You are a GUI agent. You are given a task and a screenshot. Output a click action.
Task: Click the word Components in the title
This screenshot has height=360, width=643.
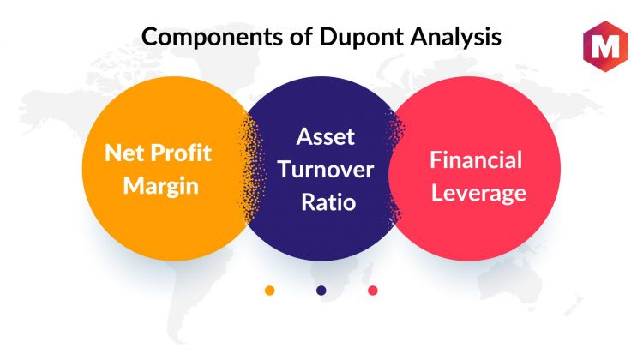click(x=212, y=38)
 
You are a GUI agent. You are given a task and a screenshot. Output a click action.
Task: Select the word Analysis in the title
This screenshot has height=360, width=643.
click(x=455, y=38)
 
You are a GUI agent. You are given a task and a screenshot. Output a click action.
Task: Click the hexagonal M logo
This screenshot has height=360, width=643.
click(x=605, y=46)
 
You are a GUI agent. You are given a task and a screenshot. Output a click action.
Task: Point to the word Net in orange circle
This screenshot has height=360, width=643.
click(x=124, y=153)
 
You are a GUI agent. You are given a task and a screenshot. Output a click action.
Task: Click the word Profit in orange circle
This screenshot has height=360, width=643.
click(x=181, y=153)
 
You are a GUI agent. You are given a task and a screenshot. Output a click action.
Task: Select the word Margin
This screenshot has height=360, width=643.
click(x=161, y=187)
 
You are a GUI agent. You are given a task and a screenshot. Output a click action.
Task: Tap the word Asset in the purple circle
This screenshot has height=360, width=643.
click(x=326, y=136)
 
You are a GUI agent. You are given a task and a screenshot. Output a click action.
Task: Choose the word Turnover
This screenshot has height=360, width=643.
click(x=326, y=170)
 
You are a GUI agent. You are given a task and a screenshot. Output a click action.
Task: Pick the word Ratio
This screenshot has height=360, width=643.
click(x=328, y=202)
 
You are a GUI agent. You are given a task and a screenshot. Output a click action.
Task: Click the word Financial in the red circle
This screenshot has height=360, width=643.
click(x=476, y=160)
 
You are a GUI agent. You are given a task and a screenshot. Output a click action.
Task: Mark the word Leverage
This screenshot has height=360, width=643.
click(x=478, y=194)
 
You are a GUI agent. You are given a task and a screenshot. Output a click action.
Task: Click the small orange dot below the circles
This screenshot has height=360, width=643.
click(x=269, y=291)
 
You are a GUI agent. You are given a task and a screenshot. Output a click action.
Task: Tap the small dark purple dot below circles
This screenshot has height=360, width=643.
click(x=321, y=291)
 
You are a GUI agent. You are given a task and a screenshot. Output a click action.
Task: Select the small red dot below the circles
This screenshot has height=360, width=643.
click(x=373, y=291)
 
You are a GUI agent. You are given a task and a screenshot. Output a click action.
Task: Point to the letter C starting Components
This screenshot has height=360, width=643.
click(x=150, y=37)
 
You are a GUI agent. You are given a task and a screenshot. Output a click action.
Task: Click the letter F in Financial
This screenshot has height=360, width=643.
click(x=436, y=160)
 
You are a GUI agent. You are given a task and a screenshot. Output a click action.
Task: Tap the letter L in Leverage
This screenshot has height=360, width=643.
click(x=437, y=192)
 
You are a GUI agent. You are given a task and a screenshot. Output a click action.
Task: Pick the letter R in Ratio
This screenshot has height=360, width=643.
click(x=309, y=202)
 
